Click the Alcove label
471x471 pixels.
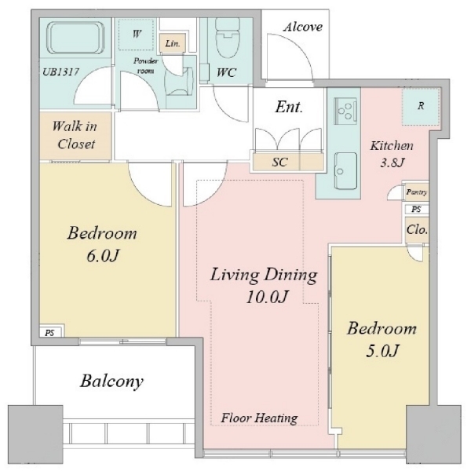click(303, 27)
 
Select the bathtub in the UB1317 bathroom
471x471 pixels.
click(75, 38)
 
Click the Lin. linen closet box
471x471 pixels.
click(173, 43)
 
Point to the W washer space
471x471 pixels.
click(136, 35)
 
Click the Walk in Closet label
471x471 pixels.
click(75, 135)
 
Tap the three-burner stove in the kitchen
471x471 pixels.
click(345, 111)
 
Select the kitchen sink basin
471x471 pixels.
click(345, 171)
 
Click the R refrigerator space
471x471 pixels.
click(421, 107)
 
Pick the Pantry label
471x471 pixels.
click(416, 192)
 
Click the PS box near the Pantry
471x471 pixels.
click(416, 209)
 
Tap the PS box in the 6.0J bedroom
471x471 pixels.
click(50, 333)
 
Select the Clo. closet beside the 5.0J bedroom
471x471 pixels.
click(417, 230)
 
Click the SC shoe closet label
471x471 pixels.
click(279, 162)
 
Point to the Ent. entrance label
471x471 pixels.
click(289, 107)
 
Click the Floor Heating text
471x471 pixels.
click(259, 418)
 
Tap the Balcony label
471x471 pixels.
click(111, 382)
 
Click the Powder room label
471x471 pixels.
click(145, 66)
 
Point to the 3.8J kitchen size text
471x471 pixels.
click(392, 162)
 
